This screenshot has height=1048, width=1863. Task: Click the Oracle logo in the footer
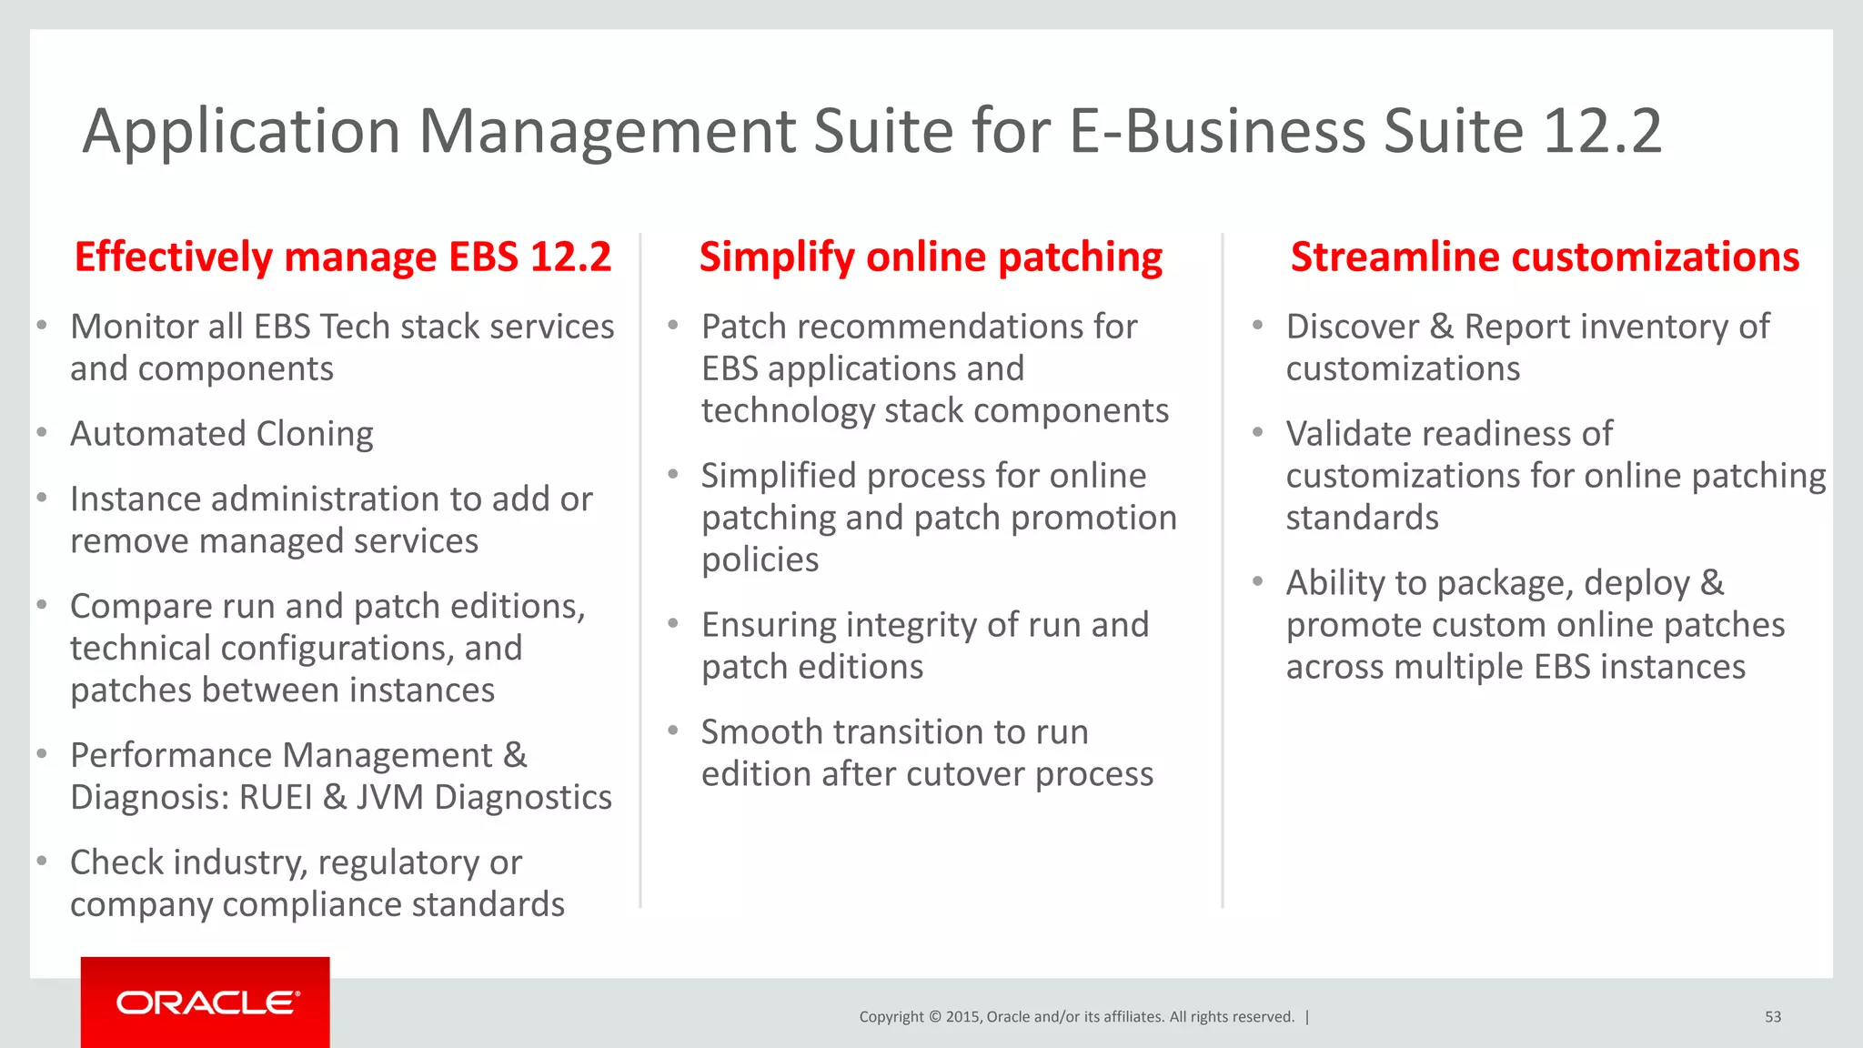(x=206, y=1003)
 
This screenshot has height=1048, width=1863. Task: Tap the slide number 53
(x=1773, y=1017)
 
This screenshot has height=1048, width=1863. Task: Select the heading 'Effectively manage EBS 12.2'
(x=343, y=257)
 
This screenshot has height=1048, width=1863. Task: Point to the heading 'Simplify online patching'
(x=931, y=257)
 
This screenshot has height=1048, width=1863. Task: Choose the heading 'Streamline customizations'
(x=1545, y=257)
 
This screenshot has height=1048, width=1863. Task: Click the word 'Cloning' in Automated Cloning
(x=315, y=434)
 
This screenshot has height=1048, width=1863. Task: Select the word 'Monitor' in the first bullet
(x=135, y=327)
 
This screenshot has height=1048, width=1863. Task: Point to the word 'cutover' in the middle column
(x=965, y=774)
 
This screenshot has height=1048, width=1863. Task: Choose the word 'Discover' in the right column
(x=1352, y=327)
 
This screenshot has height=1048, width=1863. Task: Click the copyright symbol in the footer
(x=934, y=1017)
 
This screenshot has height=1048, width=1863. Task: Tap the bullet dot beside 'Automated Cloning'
(x=42, y=433)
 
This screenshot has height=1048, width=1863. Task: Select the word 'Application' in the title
(x=241, y=131)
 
